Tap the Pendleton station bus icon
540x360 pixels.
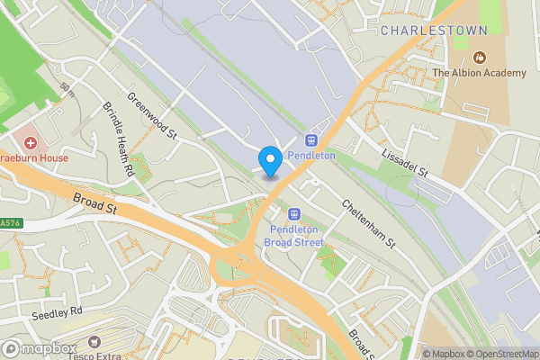312,139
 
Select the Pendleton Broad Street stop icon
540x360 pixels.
292,214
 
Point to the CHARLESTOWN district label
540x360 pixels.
434,31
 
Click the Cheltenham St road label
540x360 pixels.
368,223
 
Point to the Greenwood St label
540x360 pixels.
151,115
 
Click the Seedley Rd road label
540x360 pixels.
56,310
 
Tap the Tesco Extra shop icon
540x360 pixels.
94,342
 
